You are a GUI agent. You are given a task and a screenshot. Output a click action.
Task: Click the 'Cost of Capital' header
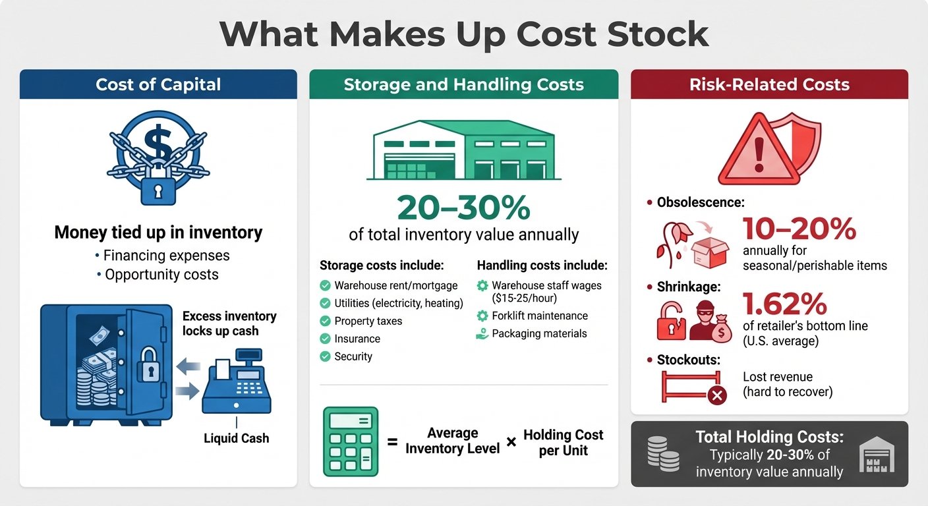[158, 84]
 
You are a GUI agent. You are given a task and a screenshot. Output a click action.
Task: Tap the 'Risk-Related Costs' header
[769, 84]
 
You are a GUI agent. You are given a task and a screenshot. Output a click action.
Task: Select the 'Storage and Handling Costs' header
[463, 84]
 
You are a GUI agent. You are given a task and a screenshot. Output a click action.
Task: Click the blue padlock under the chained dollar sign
[158, 190]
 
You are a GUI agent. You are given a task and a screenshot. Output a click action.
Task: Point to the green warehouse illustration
[463, 150]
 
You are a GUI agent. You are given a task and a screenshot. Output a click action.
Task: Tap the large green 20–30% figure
[463, 208]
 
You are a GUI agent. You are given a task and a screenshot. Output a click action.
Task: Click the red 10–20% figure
[799, 229]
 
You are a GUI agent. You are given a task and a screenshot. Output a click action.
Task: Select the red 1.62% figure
[784, 304]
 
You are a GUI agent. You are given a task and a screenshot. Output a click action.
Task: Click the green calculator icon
[351, 441]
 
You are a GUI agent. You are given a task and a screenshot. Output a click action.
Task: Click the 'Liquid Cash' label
[237, 438]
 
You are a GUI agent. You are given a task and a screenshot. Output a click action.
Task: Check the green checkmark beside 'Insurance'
[325, 339]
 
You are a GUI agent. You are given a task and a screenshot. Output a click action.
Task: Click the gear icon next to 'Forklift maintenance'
[482, 316]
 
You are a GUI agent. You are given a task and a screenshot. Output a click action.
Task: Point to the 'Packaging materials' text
[539, 333]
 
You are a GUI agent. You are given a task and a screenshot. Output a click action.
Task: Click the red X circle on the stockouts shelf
[716, 395]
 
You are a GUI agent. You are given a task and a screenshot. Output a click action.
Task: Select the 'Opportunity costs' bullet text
[161, 274]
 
